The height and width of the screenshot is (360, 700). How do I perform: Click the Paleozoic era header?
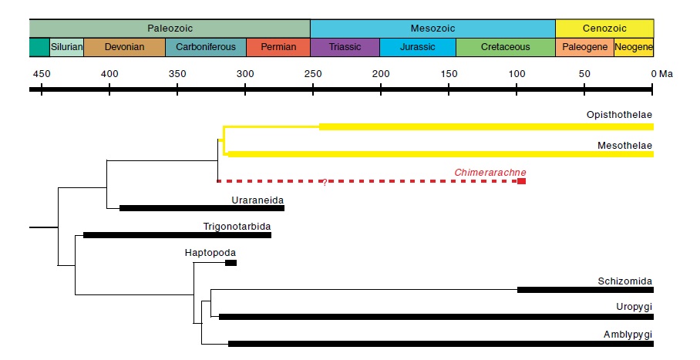click(170, 28)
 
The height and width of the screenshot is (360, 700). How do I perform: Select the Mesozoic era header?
click(432, 28)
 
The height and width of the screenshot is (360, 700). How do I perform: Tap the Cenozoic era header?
click(604, 28)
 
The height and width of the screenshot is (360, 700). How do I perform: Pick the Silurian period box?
click(66, 47)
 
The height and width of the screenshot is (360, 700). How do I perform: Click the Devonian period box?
click(124, 47)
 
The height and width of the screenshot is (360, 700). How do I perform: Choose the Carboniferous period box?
click(206, 47)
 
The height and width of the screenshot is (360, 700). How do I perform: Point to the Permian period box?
click(278, 47)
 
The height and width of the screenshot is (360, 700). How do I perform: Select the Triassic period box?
click(345, 47)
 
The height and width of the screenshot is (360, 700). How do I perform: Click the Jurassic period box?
click(418, 47)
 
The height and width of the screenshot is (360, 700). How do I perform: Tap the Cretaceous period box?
click(505, 47)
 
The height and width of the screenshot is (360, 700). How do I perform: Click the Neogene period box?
click(634, 47)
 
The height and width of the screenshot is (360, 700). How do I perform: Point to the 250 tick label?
click(313, 74)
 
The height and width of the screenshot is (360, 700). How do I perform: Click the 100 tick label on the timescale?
click(517, 74)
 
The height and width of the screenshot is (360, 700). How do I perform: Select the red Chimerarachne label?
click(490, 172)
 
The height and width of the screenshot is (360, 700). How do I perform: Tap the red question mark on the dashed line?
click(325, 183)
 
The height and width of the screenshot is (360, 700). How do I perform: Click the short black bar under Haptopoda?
click(231, 263)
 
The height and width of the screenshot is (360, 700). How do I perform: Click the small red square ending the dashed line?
click(522, 181)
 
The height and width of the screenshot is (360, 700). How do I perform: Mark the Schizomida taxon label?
click(625, 281)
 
